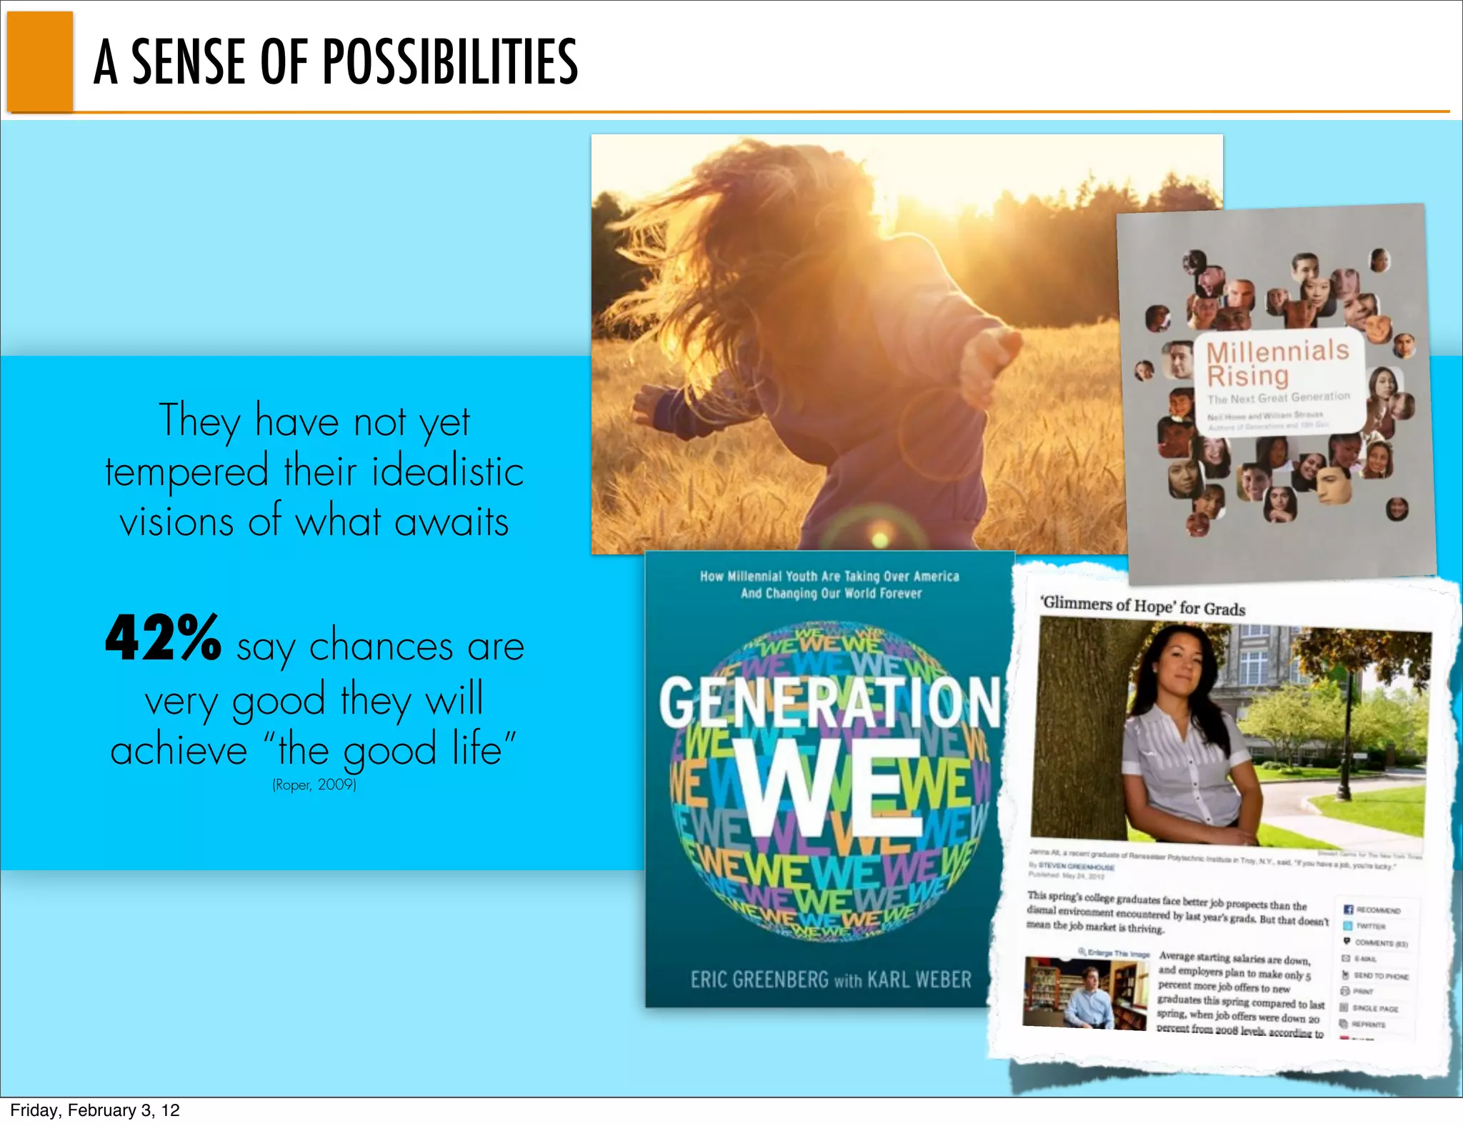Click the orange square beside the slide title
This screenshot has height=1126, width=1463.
click(x=41, y=62)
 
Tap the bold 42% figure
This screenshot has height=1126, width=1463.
click(x=163, y=638)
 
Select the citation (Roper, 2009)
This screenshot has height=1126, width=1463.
click(x=314, y=784)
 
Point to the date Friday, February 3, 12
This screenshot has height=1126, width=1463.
click(x=95, y=1110)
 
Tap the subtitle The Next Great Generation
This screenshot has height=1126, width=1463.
click(x=1278, y=398)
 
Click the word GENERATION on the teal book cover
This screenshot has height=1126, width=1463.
click(x=829, y=704)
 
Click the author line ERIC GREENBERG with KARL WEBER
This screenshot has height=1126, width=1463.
click(x=830, y=979)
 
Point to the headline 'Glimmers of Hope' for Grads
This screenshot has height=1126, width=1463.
click(x=1143, y=606)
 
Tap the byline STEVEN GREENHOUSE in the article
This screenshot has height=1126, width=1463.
click(x=1076, y=867)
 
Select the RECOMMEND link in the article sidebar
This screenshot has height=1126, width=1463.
click(x=1378, y=910)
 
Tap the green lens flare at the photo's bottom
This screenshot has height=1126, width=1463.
click(x=881, y=538)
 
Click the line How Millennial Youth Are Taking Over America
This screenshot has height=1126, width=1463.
click(x=829, y=576)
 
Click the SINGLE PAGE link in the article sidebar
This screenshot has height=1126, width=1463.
click(x=1376, y=1008)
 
